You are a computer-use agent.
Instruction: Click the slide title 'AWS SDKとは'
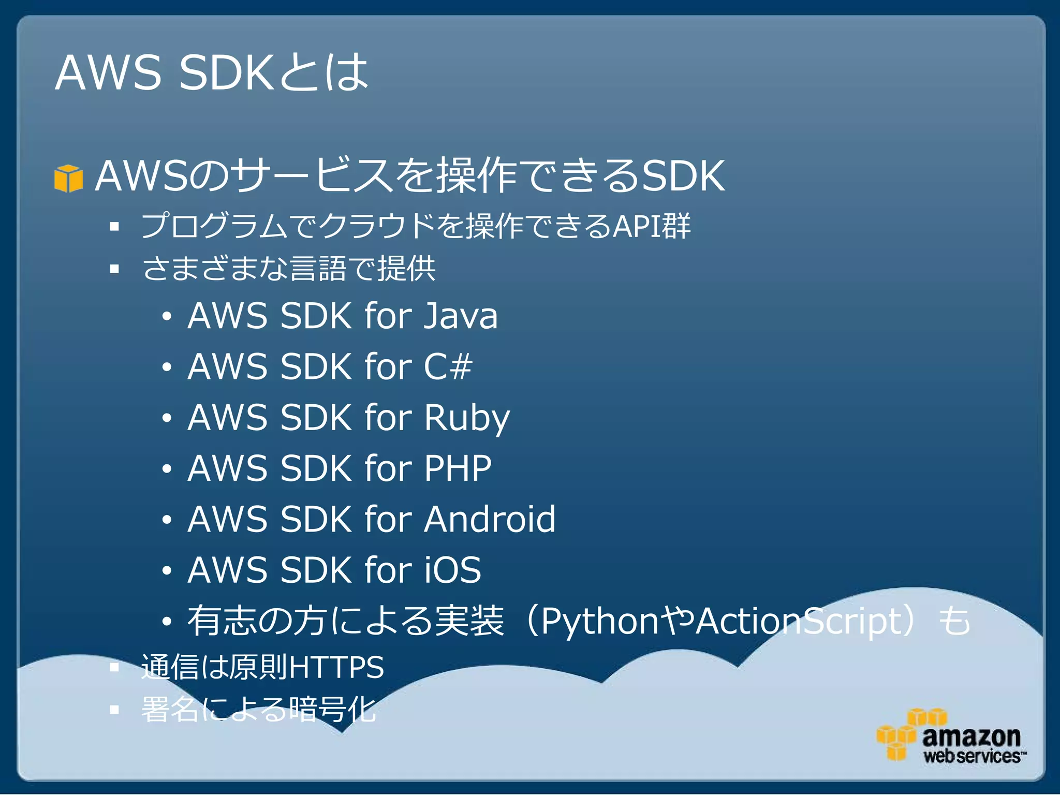[211, 72]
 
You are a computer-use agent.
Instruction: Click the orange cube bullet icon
[68, 178]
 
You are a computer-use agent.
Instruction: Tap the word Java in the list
[461, 316]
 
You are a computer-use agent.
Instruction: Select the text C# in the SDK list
[448, 366]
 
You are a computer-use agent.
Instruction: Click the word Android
[490, 519]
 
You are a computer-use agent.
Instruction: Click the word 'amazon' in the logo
[971, 736]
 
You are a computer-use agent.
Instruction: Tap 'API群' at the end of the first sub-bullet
[652, 226]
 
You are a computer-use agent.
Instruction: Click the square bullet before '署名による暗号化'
[115, 710]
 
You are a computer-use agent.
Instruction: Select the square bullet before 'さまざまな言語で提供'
[115, 269]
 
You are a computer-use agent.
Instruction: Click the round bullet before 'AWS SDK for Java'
[166, 316]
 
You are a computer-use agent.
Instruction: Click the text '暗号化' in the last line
[332, 710]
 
